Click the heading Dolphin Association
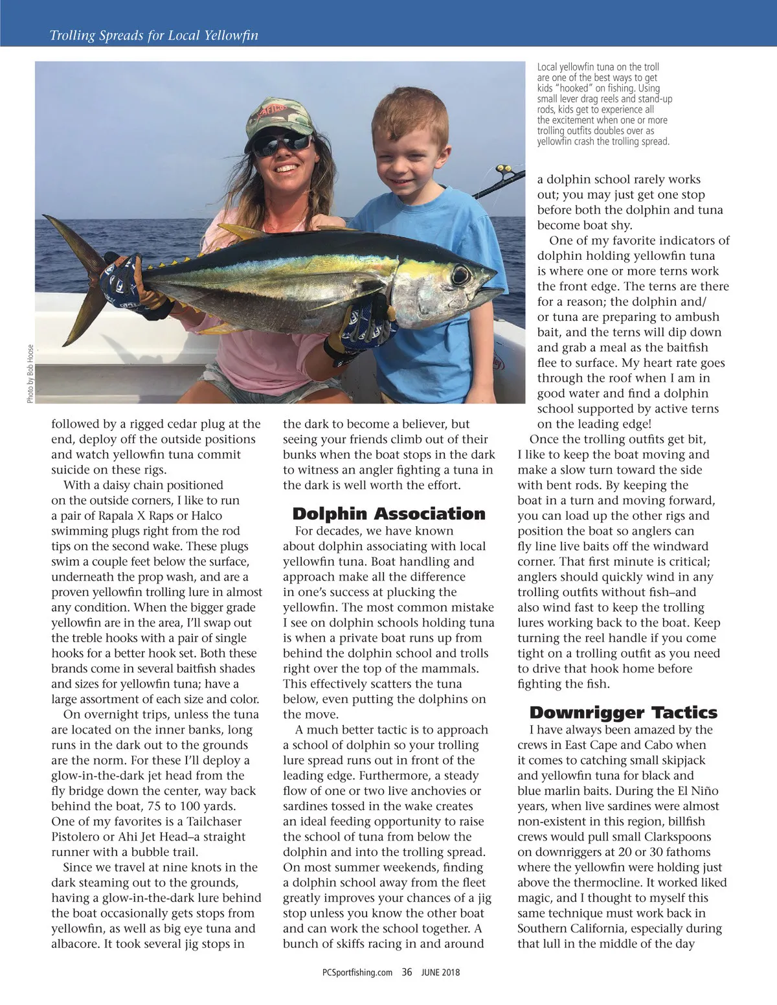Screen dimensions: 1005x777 (388, 514)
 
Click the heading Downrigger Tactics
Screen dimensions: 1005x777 (623, 713)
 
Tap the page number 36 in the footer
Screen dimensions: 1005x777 (407, 971)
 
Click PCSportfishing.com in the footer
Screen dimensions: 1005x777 (357, 972)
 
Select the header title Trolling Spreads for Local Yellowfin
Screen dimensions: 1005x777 (154, 36)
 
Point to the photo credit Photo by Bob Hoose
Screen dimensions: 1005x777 (30, 373)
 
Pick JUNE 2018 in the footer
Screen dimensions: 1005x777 (440, 972)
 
